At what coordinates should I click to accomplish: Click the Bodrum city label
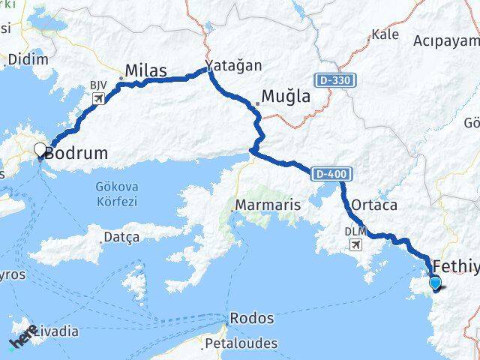coord(76,153)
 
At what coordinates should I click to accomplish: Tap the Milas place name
coord(147,70)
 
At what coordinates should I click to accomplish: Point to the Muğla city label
coord(285,96)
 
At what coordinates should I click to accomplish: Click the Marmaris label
coord(268,204)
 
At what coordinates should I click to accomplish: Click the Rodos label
coord(252,318)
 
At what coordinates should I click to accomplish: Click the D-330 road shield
coord(330,79)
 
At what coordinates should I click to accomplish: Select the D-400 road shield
coord(331,174)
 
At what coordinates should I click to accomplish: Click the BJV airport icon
coord(99,98)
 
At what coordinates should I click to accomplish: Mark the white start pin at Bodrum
coord(40,151)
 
